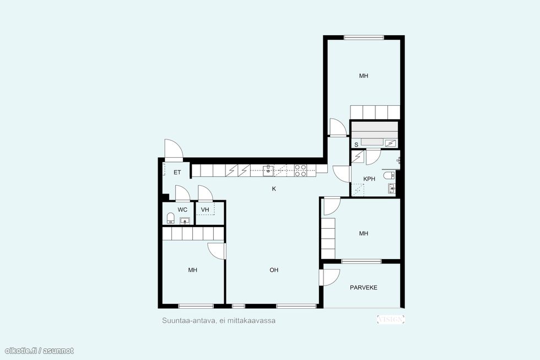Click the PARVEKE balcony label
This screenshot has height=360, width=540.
363,287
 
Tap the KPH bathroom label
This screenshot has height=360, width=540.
369,179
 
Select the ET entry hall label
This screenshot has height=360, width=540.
177,172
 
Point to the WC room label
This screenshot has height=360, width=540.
182,209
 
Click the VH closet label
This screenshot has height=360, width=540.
205,209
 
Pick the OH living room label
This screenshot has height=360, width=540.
274,270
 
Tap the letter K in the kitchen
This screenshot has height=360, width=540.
274,189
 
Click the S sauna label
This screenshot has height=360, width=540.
356,144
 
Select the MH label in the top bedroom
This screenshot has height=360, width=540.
364,76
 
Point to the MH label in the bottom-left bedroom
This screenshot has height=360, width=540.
192,270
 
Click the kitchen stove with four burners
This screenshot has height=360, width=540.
300,170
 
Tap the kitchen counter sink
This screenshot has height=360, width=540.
268,170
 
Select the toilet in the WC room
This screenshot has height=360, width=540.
171,218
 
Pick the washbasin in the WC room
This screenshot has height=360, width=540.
185,221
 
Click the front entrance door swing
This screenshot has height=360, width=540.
173,149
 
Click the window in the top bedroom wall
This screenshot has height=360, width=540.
364,37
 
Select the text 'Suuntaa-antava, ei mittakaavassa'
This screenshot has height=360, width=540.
219,320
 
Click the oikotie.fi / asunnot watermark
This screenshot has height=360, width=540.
39,351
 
